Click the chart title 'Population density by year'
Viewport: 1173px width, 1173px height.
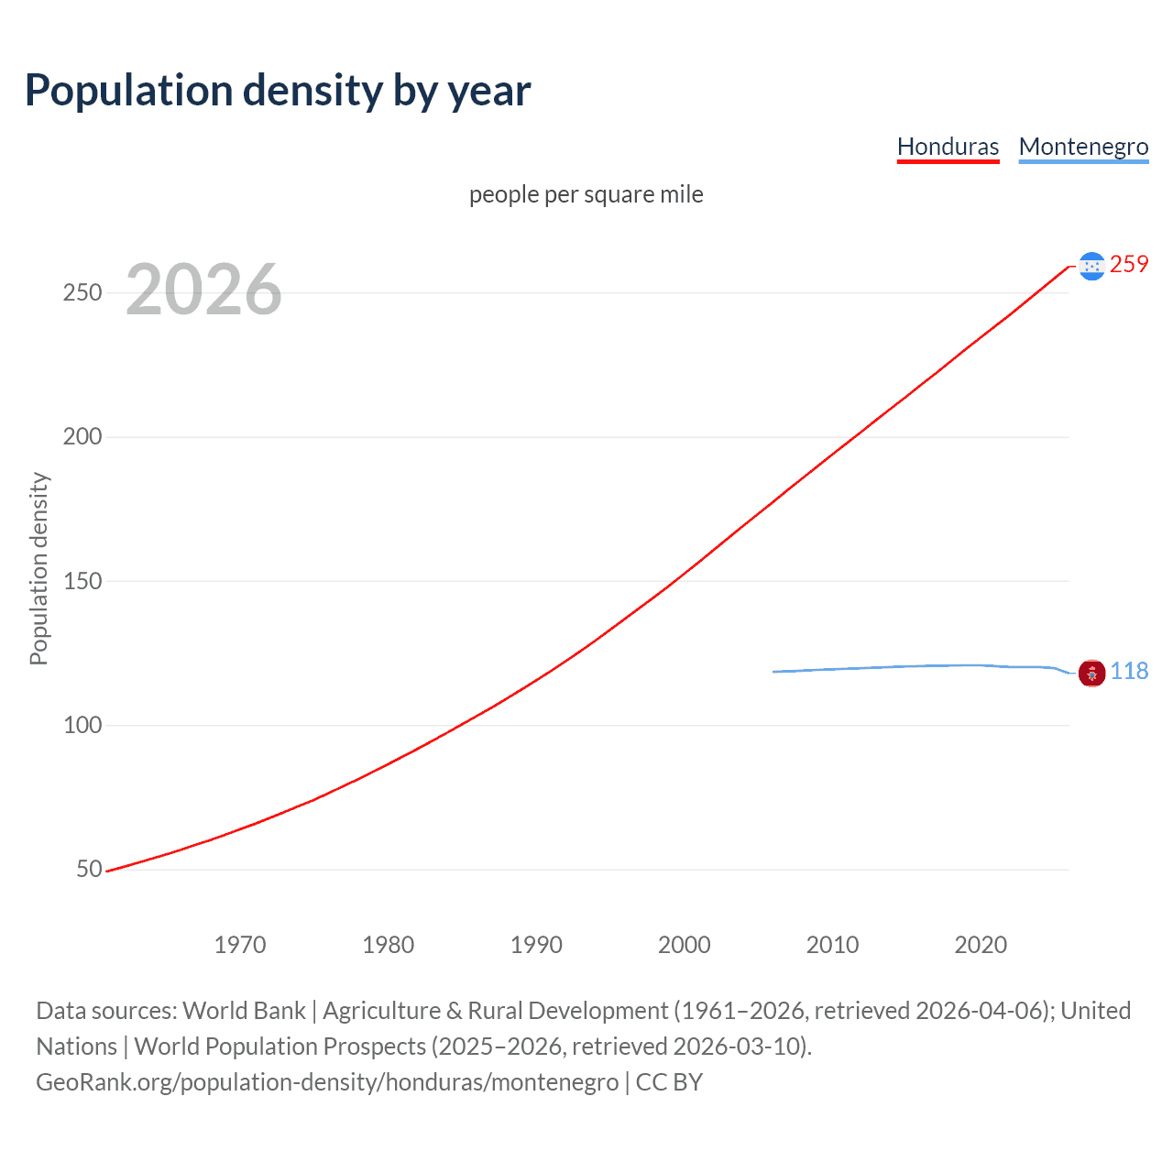coord(278,91)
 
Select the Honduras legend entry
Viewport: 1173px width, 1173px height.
coord(948,147)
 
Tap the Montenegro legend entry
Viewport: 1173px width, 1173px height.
coord(1083,147)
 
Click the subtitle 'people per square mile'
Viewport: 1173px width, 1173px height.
coord(586,194)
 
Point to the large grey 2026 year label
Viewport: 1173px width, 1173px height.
coord(203,290)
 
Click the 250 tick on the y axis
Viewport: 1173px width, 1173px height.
coord(82,293)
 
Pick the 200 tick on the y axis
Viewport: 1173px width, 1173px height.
coord(82,437)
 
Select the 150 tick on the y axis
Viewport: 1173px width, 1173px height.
coord(82,581)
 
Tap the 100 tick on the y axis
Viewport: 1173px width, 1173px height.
coord(82,725)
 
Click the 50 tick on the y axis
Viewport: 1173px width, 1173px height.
coord(89,869)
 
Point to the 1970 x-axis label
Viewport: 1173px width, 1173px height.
coord(240,945)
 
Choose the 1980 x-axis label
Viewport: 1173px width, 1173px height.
coord(388,945)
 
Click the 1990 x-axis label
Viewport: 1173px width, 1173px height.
coord(536,945)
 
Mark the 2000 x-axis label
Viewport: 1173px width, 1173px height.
coord(685,945)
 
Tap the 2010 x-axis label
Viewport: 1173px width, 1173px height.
coord(832,945)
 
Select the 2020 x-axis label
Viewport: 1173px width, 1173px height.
coord(981,945)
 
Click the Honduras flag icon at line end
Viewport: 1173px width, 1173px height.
coord(1091,266)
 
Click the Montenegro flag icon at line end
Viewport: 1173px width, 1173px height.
coord(1091,673)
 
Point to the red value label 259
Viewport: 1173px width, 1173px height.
coord(1129,264)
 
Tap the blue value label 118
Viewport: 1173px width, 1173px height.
coord(1129,672)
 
